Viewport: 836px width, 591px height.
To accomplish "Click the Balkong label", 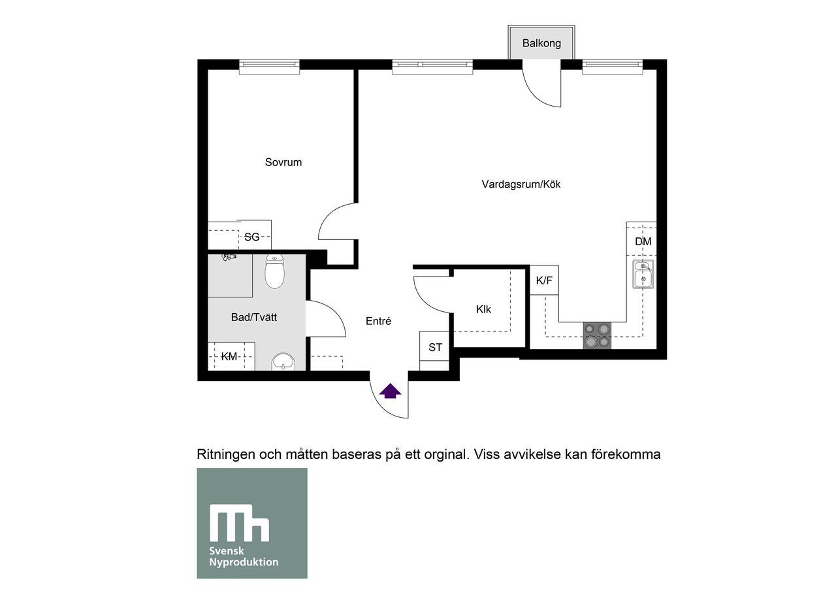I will [541, 43].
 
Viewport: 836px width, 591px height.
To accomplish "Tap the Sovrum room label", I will [283, 162].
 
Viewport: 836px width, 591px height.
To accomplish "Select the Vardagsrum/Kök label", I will [521, 184].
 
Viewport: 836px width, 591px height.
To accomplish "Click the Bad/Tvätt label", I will [254, 317].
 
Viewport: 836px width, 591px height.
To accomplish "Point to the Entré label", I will [378, 321].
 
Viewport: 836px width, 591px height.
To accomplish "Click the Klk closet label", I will [483, 309].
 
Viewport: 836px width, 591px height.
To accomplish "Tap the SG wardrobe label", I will [251, 237].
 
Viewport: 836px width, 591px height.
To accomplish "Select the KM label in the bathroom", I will [229, 356].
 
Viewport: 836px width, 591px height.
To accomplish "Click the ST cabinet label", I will [435, 348].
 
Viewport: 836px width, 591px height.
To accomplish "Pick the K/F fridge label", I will [544, 280].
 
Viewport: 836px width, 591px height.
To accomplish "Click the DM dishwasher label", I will [643, 241].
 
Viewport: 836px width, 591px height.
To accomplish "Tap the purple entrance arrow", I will [391, 391].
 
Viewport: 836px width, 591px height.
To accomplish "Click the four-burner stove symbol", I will [597, 335].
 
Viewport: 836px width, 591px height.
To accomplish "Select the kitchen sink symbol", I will [643, 274].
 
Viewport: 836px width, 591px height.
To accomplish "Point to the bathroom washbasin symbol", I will [283, 362].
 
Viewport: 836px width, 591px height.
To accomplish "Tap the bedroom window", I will [269, 64].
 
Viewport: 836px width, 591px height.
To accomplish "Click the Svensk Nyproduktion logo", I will [252, 523].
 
